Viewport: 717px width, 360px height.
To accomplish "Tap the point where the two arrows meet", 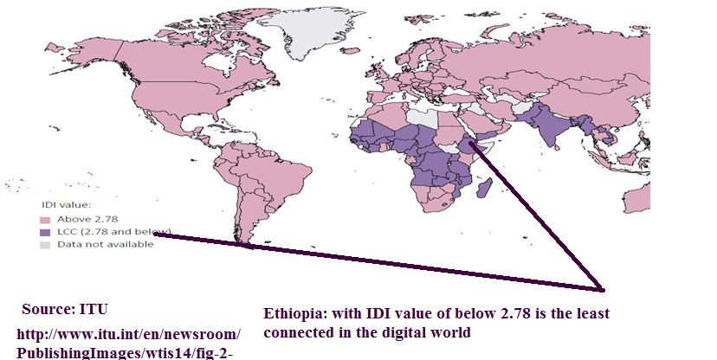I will [600, 288].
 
